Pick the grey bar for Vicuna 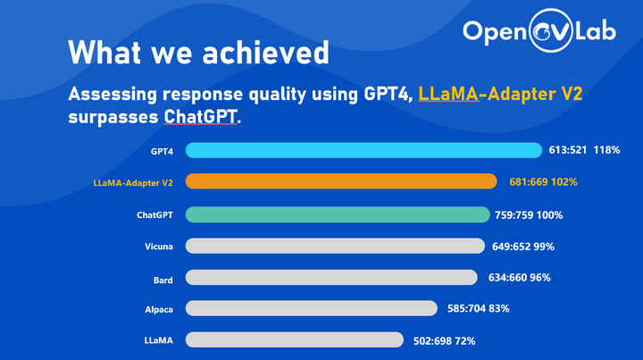336,245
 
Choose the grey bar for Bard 332,278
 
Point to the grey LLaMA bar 295,339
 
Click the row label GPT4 162,150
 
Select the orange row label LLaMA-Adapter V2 132,182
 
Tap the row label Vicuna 158,246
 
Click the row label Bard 163,279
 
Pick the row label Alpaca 158,309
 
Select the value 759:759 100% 530,214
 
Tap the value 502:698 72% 443,340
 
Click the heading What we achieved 198,53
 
